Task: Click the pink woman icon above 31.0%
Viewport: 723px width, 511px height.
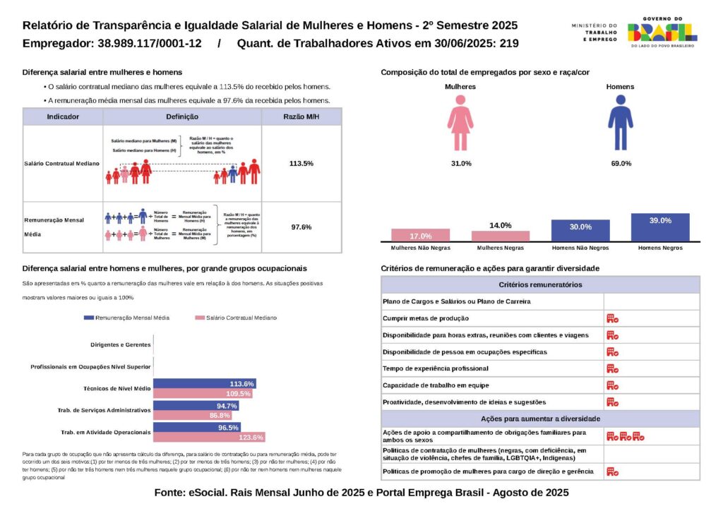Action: point(460,124)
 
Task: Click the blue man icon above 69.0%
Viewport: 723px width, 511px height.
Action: point(620,124)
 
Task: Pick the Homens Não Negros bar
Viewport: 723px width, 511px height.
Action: point(580,231)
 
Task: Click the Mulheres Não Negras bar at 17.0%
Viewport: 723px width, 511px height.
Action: point(420,236)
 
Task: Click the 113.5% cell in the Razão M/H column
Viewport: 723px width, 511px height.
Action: point(301,163)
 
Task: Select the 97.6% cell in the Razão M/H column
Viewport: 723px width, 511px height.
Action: point(301,227)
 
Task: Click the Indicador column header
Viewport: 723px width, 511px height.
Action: point(63,116)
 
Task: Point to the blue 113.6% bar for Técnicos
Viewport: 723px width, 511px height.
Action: point(204,384)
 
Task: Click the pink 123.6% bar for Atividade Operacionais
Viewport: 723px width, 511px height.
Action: point(209,438)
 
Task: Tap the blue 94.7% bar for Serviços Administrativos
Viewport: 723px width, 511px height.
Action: point(196,406)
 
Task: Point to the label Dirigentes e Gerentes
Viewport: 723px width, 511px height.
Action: point(121,345)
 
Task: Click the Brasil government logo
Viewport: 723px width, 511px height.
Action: point(662,32)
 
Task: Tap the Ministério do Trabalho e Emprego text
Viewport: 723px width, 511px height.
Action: point(594,32)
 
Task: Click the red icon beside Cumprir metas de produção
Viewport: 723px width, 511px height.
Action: point(612,318)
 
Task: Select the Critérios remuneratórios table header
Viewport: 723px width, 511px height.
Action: point(540,284)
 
